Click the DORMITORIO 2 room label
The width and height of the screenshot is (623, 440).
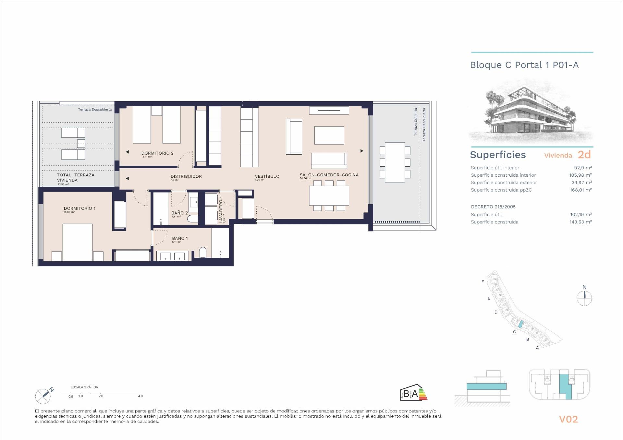157,153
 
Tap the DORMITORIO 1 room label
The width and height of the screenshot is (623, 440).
79,208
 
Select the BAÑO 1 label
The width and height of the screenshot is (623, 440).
180,238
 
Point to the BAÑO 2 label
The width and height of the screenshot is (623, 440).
179,213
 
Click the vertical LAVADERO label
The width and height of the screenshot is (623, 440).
221,211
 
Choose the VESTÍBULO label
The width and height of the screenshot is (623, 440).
267,176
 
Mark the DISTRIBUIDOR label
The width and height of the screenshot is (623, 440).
186,176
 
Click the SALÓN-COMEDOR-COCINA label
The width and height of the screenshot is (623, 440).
329,175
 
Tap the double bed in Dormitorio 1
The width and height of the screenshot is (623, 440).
77,242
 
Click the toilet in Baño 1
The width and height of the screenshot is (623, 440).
202,253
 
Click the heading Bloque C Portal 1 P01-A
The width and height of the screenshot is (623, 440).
524,65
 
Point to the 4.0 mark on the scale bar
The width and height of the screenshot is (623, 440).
140,396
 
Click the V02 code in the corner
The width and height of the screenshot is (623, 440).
568,419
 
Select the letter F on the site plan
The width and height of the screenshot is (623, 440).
483,282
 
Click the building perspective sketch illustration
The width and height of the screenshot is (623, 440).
531,112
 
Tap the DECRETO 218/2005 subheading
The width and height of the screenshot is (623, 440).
493,207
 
